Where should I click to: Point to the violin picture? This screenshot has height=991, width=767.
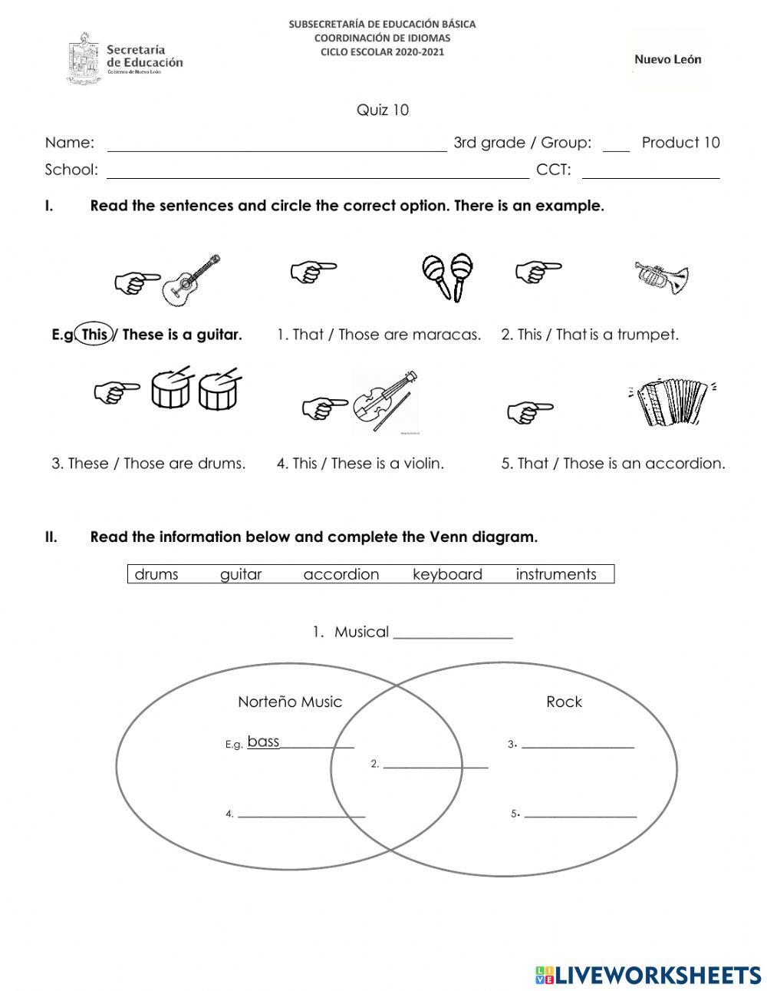coord(386,402)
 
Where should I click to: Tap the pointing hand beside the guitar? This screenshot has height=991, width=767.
coord(137,282)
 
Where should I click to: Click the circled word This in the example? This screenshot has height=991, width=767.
coord(95,335)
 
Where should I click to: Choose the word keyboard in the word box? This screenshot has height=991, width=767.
coord(447,574)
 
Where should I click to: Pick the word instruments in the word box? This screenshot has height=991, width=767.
coord(555,574)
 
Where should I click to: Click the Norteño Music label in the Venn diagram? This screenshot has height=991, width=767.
coord(290,702)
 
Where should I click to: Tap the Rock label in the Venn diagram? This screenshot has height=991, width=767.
coord(564,702)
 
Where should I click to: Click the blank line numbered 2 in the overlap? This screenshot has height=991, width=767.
coord(435,765)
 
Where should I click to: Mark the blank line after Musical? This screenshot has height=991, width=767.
coord(453,636)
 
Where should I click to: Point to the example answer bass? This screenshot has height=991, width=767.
coord(263,742)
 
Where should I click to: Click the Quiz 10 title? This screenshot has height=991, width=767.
coord(383,110)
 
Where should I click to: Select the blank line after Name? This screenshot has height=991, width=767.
coord(277,150)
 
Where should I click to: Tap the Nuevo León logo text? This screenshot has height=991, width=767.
coord(667,59)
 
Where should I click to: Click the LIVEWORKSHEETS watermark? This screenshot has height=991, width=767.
coord(648,974)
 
